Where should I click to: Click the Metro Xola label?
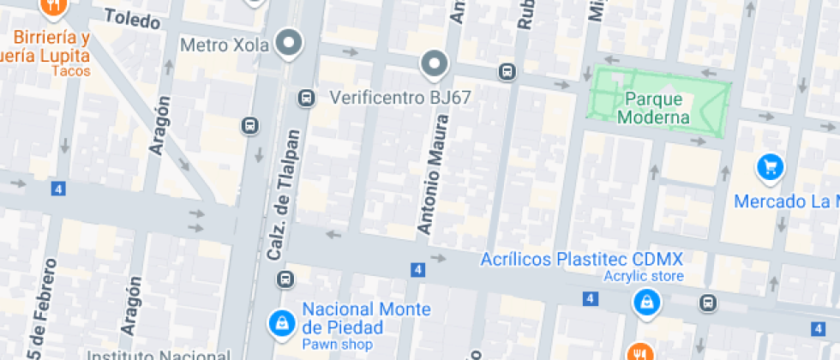[x=225, y=43]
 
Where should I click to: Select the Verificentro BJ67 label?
[x=400, y=97]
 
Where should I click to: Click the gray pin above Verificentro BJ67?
[x=435, y=64]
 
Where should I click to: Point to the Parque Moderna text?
[x=657, y=109]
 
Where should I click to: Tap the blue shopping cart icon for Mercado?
[x=770, y=167]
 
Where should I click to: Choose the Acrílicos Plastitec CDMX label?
[x=581, y=259]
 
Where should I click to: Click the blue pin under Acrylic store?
[x=646, y=302]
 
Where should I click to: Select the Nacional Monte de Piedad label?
[x=365, y=318]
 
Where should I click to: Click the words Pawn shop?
[x=337, y=345]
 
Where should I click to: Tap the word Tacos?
[x=70, y=71]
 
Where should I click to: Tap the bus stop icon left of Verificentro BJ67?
[x=305, y=99]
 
